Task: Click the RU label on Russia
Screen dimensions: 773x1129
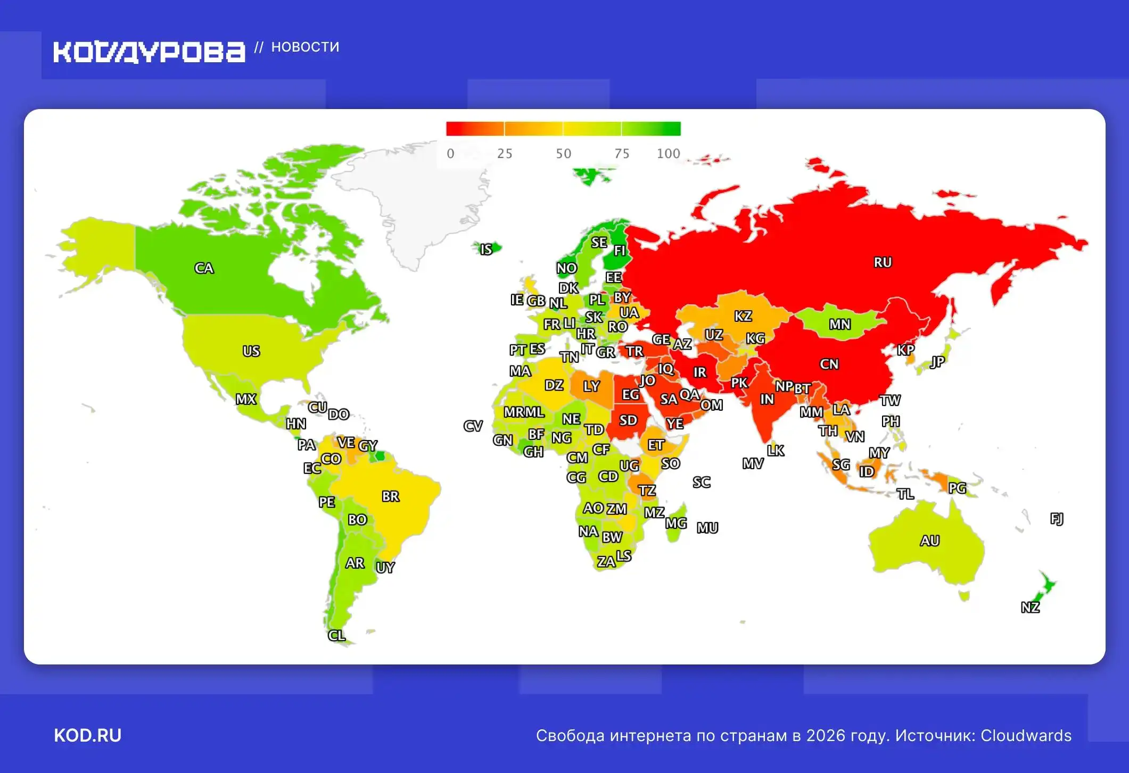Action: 882,262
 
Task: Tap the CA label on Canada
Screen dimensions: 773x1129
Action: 204,268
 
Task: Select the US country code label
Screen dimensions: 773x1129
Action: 251,351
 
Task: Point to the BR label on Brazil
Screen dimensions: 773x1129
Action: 390,496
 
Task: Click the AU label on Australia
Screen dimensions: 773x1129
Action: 929,541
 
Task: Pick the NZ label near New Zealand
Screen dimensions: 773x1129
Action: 1030,608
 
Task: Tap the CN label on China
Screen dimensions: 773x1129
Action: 829,364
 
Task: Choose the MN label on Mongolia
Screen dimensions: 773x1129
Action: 839,325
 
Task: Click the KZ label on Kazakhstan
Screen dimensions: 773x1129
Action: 743,316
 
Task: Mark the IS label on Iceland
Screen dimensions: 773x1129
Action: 486,250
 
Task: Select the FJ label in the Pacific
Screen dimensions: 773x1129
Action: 1057,519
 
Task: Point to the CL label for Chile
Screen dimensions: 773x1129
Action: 336,635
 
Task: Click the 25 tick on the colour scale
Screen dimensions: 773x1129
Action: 504,154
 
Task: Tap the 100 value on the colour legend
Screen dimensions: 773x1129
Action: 668,154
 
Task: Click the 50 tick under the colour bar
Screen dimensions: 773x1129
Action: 563,154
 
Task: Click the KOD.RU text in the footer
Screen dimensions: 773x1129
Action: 88,735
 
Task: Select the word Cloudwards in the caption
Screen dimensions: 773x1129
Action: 1026,735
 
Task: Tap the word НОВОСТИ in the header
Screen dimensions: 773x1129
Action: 305,47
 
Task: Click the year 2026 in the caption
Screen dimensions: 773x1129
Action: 825,735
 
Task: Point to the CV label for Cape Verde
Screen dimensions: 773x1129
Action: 473,426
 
